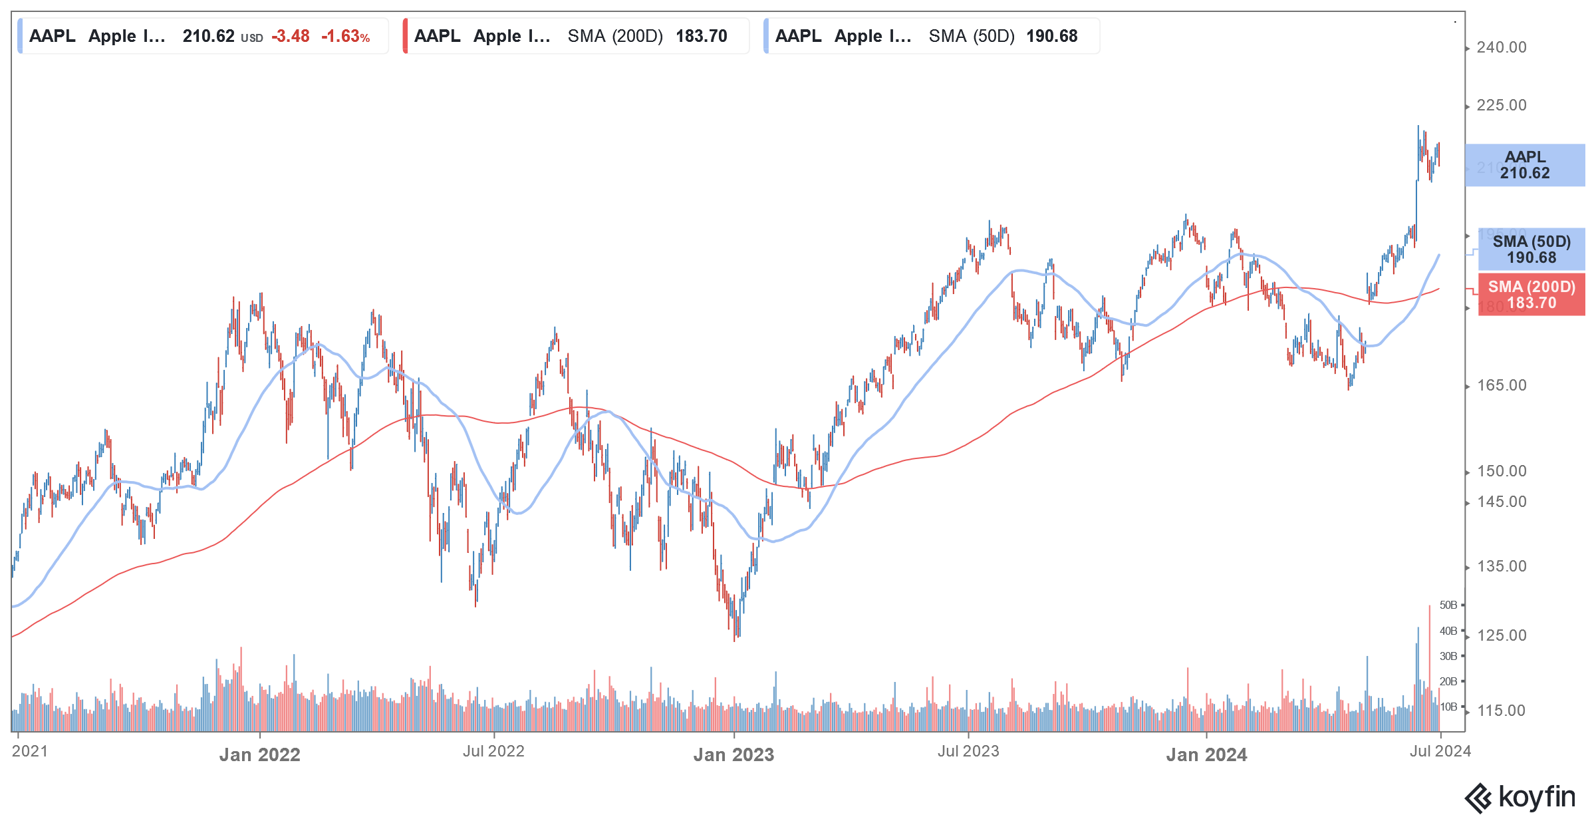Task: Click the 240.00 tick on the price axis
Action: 1501,47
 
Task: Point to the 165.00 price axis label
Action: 1501,385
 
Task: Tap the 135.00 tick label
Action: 1501,566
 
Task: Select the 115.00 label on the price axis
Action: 1501,711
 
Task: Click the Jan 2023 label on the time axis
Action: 733,754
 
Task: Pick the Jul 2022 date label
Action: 493,751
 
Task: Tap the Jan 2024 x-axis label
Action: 1206,754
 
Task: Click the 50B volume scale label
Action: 1448,605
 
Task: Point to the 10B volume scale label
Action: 1448,707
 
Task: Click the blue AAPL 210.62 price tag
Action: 1525,165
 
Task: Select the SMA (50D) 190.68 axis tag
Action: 1531,249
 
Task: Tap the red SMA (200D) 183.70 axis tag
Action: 1531,295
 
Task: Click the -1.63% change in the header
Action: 345,37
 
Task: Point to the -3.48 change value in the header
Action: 291,37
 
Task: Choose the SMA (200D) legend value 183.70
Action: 701,37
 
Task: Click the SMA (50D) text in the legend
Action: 971,37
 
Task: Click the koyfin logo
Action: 1520,797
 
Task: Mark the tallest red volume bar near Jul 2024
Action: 1429,665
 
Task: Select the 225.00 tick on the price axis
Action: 1501,105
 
